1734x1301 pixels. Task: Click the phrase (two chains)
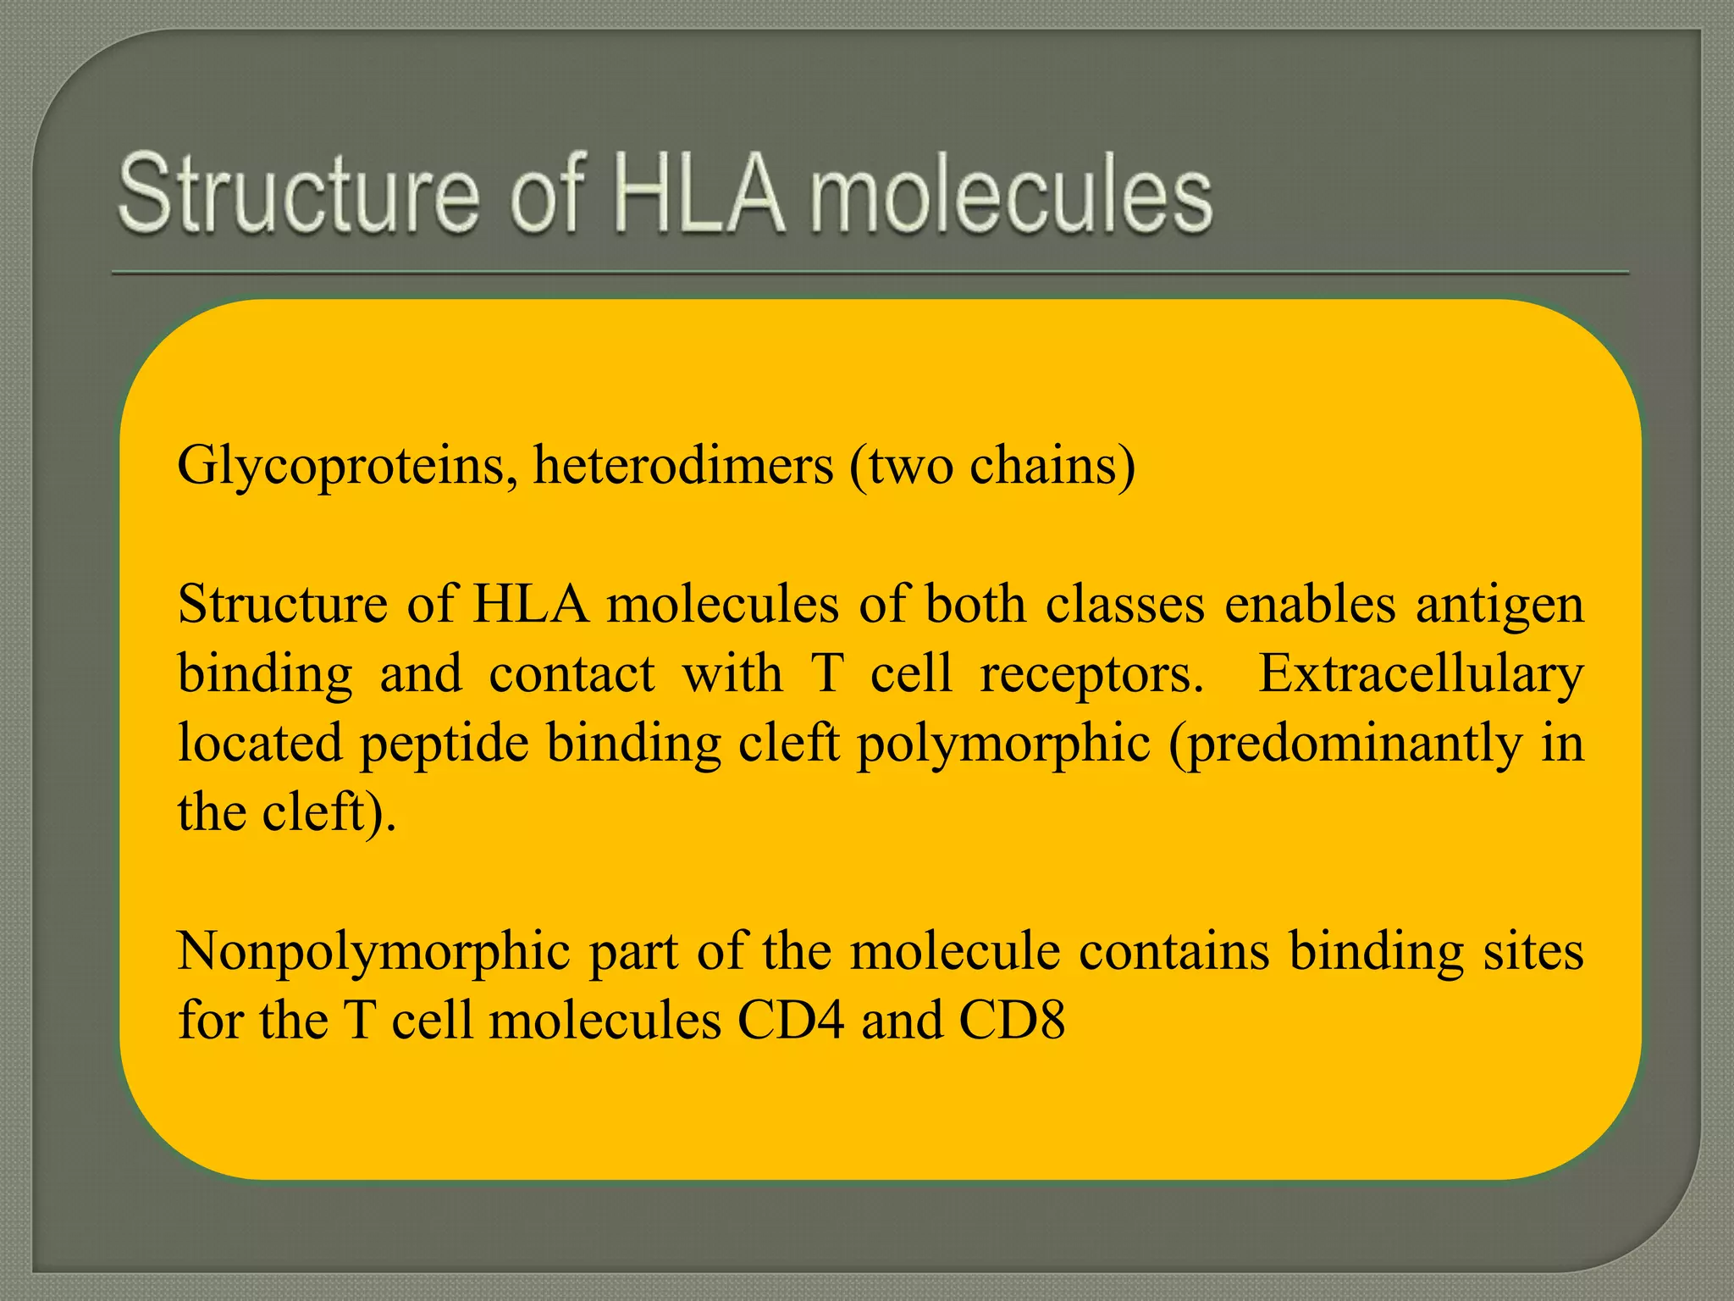tap(991, 466)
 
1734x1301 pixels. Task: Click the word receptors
tap(1091, 676)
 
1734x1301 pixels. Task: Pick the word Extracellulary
tap(1421, 674)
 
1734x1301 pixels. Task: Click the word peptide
tap(445, 744)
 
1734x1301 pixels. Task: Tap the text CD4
tap(791, 1020)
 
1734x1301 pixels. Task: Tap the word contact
tap(572, 674)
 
